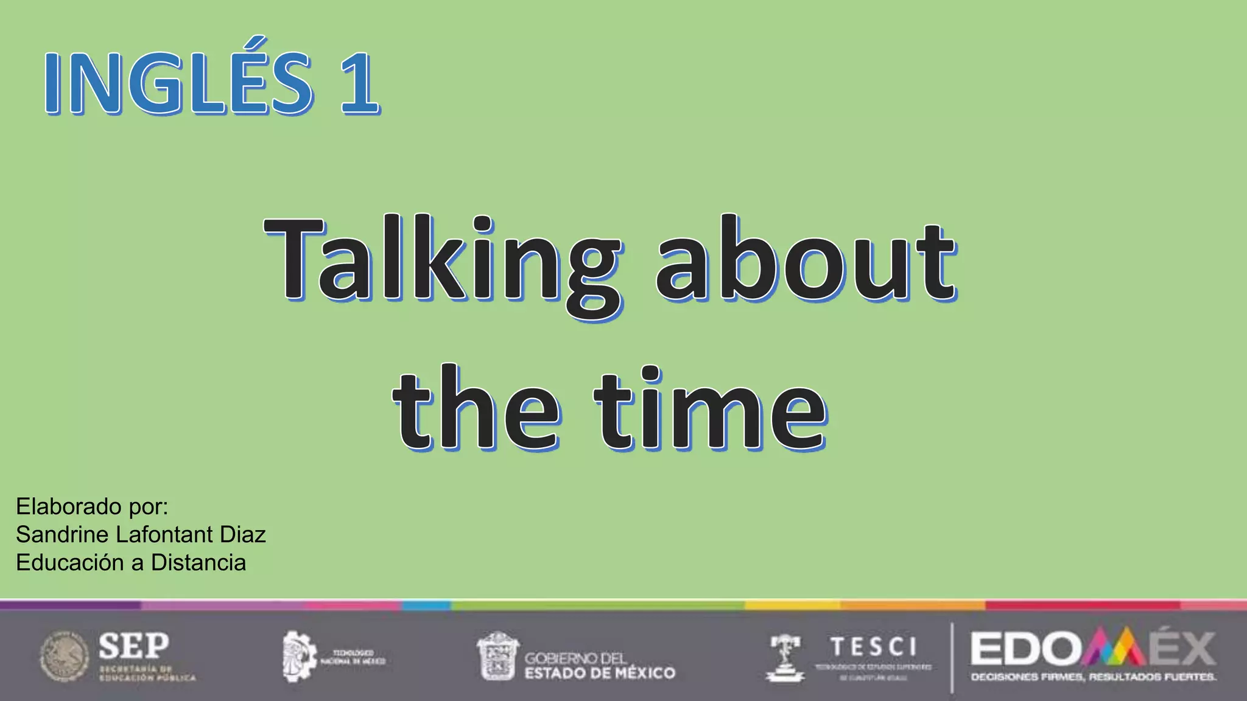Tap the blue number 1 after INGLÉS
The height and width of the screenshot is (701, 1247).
click(x=359, y=84)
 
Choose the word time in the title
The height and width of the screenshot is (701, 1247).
click(x=710, y=409)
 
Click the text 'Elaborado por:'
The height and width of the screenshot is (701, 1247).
click(x=92, y=506)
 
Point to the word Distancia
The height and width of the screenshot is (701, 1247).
click(x=198, y=563)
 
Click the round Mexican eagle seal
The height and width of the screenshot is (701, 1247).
click(x=65, y=657)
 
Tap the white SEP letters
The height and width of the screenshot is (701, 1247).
click(x=134, y=646)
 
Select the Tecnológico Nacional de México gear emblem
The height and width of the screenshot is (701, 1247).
click(x=299, y=657)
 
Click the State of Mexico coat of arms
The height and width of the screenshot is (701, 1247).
click(x=497, y=656)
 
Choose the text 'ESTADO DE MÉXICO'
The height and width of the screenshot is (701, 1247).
click(x=600, y=673)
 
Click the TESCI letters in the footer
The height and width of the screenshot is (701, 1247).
click(x=873, y=646)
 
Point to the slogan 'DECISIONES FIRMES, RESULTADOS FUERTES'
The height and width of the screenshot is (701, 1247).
click(x=1093, y=677)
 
